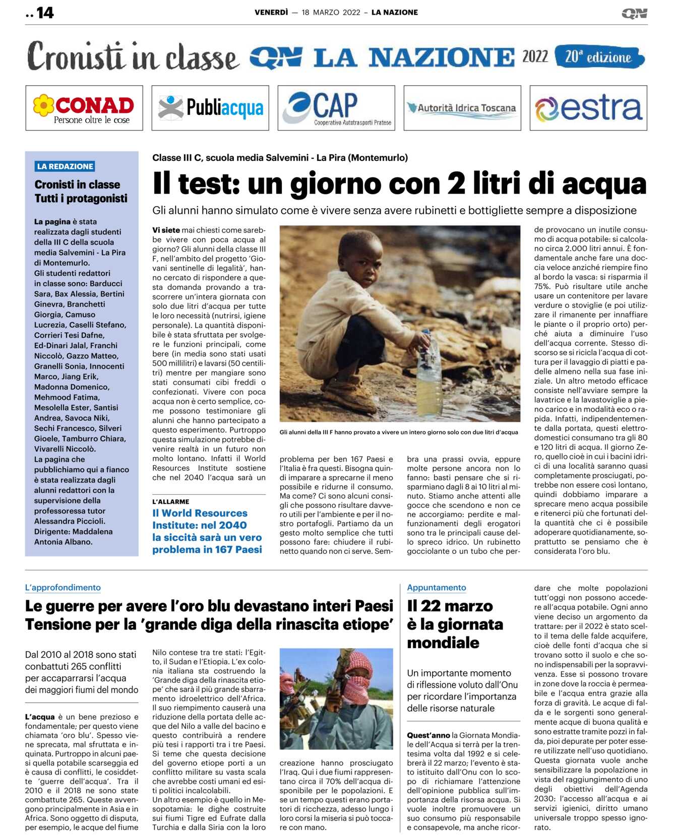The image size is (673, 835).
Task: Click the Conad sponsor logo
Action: pos(84,108)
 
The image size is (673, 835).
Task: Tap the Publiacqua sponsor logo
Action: pos(210,108)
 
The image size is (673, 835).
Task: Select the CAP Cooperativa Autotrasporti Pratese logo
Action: pos(336,108)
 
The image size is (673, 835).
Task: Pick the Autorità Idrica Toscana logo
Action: pos(462,108)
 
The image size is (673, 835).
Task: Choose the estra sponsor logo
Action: pos(588,108)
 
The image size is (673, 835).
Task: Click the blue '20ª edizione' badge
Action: pos(598,57)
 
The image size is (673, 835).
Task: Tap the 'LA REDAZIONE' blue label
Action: pos(65,166)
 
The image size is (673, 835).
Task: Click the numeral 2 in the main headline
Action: pos(456,184)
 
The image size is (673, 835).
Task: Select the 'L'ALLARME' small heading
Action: pos(171,501)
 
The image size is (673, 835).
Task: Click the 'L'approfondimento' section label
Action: pos(63,588)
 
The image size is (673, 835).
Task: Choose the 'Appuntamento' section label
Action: pos(437,588)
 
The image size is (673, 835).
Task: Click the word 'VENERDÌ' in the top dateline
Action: pos(271,13)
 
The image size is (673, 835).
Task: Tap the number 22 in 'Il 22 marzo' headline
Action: pos(431,606)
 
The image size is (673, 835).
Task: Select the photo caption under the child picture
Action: pos(399,432)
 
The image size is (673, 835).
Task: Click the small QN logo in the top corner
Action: pos(634,13)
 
